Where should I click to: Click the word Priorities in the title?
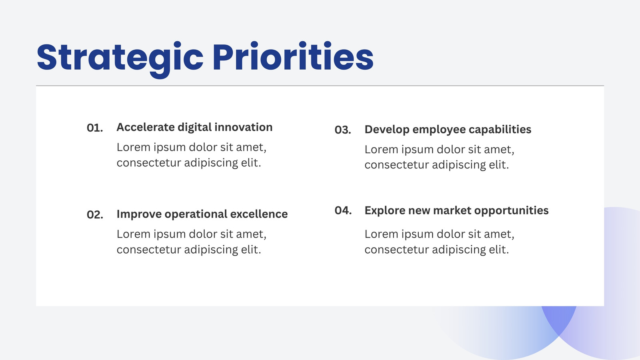293,56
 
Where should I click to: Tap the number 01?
95,128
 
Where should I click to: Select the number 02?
95,215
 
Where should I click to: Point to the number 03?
343,130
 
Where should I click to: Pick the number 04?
343,210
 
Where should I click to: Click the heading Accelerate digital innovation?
194,128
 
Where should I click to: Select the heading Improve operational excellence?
202,214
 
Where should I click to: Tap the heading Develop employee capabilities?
448,130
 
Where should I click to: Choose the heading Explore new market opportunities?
456,211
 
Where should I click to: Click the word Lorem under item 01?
134,148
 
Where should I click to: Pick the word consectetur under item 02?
148,250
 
